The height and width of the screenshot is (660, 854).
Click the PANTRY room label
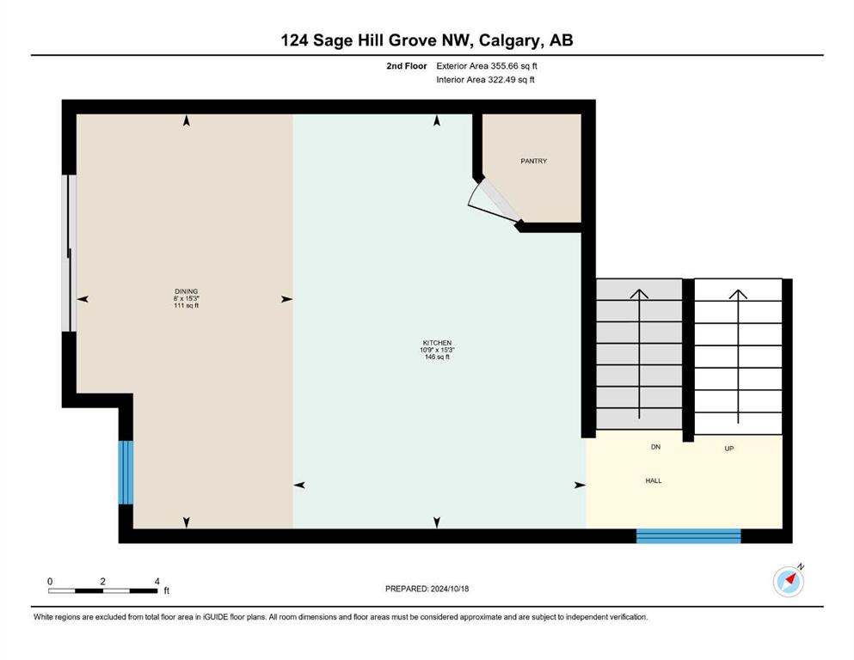pos(533,161)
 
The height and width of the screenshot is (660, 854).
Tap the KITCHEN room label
pos(437,343)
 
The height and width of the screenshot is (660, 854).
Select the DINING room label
pos(187,291)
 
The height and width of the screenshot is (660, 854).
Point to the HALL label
pos(654,480)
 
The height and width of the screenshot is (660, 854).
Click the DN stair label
pos(655,447)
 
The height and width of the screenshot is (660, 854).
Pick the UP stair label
pos(729,449)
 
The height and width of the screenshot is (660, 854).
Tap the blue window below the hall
pos(688,536)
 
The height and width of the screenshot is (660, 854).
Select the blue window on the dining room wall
pos(126,473)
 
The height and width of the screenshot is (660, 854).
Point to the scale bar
pos(103,591)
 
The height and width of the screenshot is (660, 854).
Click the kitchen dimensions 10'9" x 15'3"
pos(437,350)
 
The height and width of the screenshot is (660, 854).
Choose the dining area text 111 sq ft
pos(187,305)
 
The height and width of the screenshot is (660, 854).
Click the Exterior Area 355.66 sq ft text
pos(487,66)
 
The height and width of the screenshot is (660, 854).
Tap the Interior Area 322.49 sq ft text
pos(485,79)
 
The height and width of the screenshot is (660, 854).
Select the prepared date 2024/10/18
pos(449,589)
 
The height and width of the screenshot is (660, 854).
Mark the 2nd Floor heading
pos(406,66)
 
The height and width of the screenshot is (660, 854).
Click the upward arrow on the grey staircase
pos(639,354)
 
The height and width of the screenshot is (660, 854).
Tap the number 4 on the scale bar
pos(157,581)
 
